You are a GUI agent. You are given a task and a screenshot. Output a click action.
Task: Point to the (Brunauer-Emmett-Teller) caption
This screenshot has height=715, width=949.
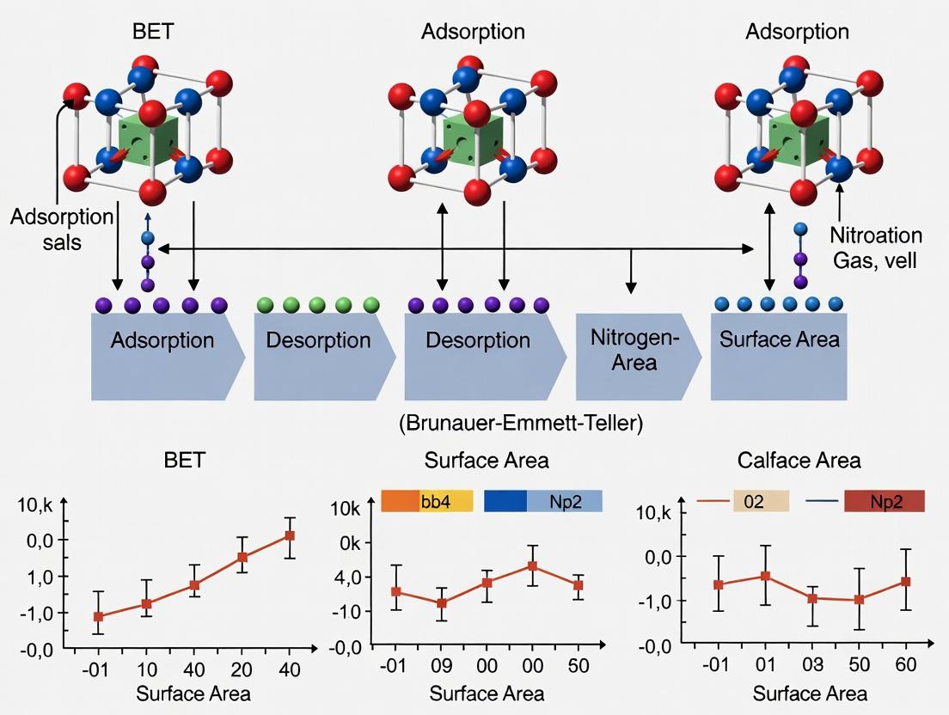(x=521, y=424)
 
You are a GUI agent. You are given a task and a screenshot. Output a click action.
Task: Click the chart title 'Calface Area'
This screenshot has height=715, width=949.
(x=799, y=461)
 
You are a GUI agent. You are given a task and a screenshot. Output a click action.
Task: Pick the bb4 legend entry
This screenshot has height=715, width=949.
(x=427, y=501)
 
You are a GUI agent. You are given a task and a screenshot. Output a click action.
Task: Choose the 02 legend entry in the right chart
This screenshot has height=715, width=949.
(x=755, y=501)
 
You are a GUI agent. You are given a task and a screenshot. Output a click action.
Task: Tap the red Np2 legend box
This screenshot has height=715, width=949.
(x=884, y=501)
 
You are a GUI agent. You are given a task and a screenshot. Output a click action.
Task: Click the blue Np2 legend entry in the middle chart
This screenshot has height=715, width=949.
(x=543, y=501)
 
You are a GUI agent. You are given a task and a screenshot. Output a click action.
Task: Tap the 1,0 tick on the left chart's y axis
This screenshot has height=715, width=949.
(x=41, y=577)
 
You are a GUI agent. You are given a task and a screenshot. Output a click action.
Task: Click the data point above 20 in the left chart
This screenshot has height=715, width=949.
(x=242, y=557)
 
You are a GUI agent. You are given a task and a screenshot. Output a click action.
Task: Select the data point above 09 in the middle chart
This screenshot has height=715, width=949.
(x=442, y=603)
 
